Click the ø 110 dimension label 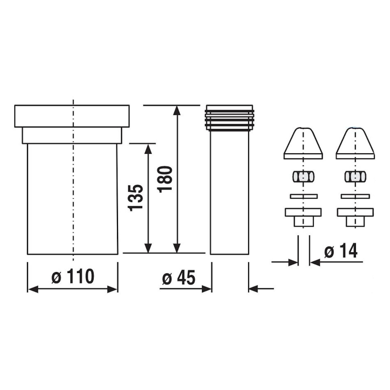click(73, 277)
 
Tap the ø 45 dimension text click(179, 278)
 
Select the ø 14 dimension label click(341, 251)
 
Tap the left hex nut click(303, 176)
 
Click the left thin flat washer click(304, 196)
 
